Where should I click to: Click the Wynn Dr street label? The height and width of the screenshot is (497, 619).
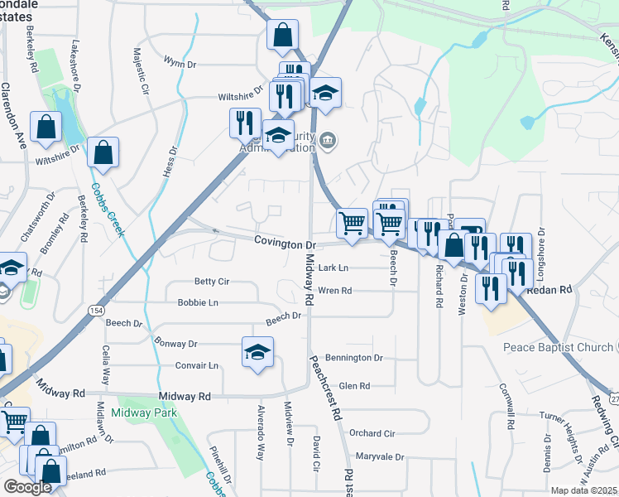click(x=180, y=63)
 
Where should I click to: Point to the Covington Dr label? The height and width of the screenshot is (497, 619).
click(x=286, y=245)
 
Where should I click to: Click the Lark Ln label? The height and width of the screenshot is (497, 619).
click(x=333, y=268)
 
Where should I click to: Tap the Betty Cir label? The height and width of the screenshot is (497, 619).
click(x=211, y=282)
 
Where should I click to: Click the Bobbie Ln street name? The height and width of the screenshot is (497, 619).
click(x=198, y=303)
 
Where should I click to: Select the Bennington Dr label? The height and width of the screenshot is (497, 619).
click(x=355, y=358)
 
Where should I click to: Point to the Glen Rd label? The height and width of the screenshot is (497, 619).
click(x=353, y=386)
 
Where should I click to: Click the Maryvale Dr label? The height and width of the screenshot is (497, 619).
click(x=379, y=456)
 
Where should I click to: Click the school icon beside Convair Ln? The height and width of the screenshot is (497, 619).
click(x=257, y=351)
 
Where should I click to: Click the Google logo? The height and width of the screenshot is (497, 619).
click(x=28, y=487)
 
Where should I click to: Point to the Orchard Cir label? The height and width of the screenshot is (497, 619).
click(x=372, y=433)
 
